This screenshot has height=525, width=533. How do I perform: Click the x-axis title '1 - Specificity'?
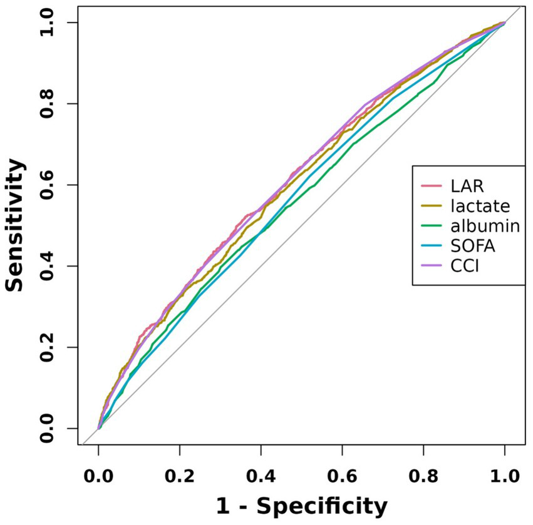point(301,505)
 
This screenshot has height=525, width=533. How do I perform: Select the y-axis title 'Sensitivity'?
point(17,225)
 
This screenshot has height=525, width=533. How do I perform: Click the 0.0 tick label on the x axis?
point(98,475)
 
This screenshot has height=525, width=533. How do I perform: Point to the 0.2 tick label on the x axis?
point(180,475)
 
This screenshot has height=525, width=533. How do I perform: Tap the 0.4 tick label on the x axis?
point(261,475)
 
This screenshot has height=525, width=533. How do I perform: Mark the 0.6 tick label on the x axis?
point(342,475)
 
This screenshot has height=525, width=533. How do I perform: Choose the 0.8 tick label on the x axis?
point(423,475)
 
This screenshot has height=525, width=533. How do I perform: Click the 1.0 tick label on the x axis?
point(504,475)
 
